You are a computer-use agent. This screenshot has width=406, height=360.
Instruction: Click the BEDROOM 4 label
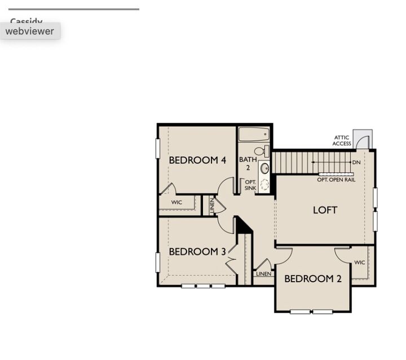[x=197, y=161]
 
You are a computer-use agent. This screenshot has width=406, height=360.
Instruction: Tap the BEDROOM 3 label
[x=197, y=252]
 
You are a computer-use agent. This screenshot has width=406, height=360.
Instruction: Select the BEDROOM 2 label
[x=312, y=279]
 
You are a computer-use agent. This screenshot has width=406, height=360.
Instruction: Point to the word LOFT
[x=325, y=210]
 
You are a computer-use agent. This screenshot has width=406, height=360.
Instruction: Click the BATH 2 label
[x=248, y=163]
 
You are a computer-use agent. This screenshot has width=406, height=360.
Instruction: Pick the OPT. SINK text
[x=250, y=185]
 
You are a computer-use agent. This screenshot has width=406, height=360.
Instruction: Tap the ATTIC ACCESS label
[x=342, y=140]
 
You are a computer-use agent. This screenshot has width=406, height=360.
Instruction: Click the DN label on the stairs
[x=356, y=163]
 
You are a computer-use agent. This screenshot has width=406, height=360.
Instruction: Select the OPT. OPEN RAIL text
[x=336, y=180]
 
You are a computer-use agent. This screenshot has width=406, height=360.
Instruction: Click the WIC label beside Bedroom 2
[x=359, y=263]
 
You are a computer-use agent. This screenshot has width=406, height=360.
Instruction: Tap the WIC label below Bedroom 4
[x=176, y=202]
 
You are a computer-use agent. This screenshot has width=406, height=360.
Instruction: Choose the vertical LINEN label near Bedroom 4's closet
[x=212, y=206]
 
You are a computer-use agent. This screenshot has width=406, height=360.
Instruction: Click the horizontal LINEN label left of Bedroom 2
[x=263, y=274]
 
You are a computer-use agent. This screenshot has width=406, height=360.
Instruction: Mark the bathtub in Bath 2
[x=254, y=134]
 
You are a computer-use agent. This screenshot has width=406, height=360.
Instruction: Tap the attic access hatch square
[x=362, y=139]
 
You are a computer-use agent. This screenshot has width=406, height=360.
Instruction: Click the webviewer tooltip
[x=30, y=31]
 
